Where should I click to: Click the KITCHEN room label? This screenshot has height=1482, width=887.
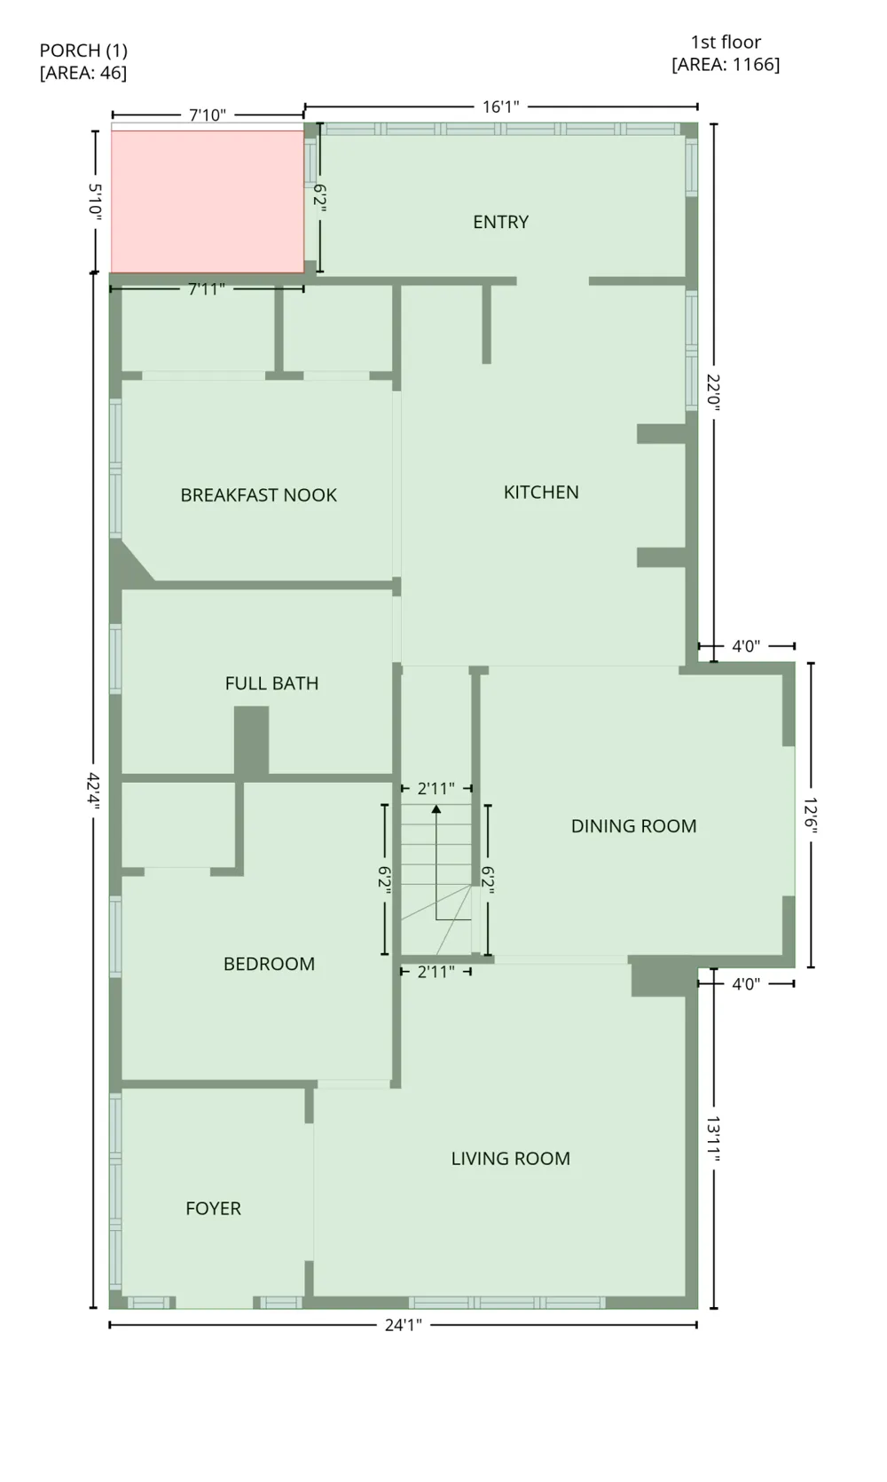[x=541, y=493]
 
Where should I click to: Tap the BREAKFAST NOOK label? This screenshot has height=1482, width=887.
[x=259, y=495]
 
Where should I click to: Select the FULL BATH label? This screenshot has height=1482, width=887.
[x=271, y=682]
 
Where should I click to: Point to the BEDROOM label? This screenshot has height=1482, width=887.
[x=270, y=964]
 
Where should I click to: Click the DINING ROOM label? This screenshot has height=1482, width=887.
[x=633, y=825]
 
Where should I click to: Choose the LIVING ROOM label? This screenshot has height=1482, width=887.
[x=511, y=1158]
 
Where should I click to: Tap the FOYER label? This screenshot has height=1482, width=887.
[x=213, y=1208]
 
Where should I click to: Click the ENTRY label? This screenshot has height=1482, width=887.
[x=501, y=222]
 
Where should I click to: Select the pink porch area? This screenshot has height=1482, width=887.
[x=207, y=201]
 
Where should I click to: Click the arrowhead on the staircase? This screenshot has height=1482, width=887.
[x=436, y=808]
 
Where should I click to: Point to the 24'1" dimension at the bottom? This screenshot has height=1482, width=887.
[x=404, y=1325]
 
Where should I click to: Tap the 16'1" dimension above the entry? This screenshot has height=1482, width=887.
[x=501, y=106]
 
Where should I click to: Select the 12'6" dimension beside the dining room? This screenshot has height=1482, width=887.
[x=811, y=815]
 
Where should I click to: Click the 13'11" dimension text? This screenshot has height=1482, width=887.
[x=713, y=1139]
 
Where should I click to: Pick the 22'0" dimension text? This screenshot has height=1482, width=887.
[x=713, y=393]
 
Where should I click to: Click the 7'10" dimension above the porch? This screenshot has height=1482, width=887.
[x=207, y=115]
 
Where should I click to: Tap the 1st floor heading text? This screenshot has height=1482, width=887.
[x=726, y=43]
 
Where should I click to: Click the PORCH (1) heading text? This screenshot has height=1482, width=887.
[x=83, y=51]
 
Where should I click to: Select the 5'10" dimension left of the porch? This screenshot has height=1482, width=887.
[x=95, y=201]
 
